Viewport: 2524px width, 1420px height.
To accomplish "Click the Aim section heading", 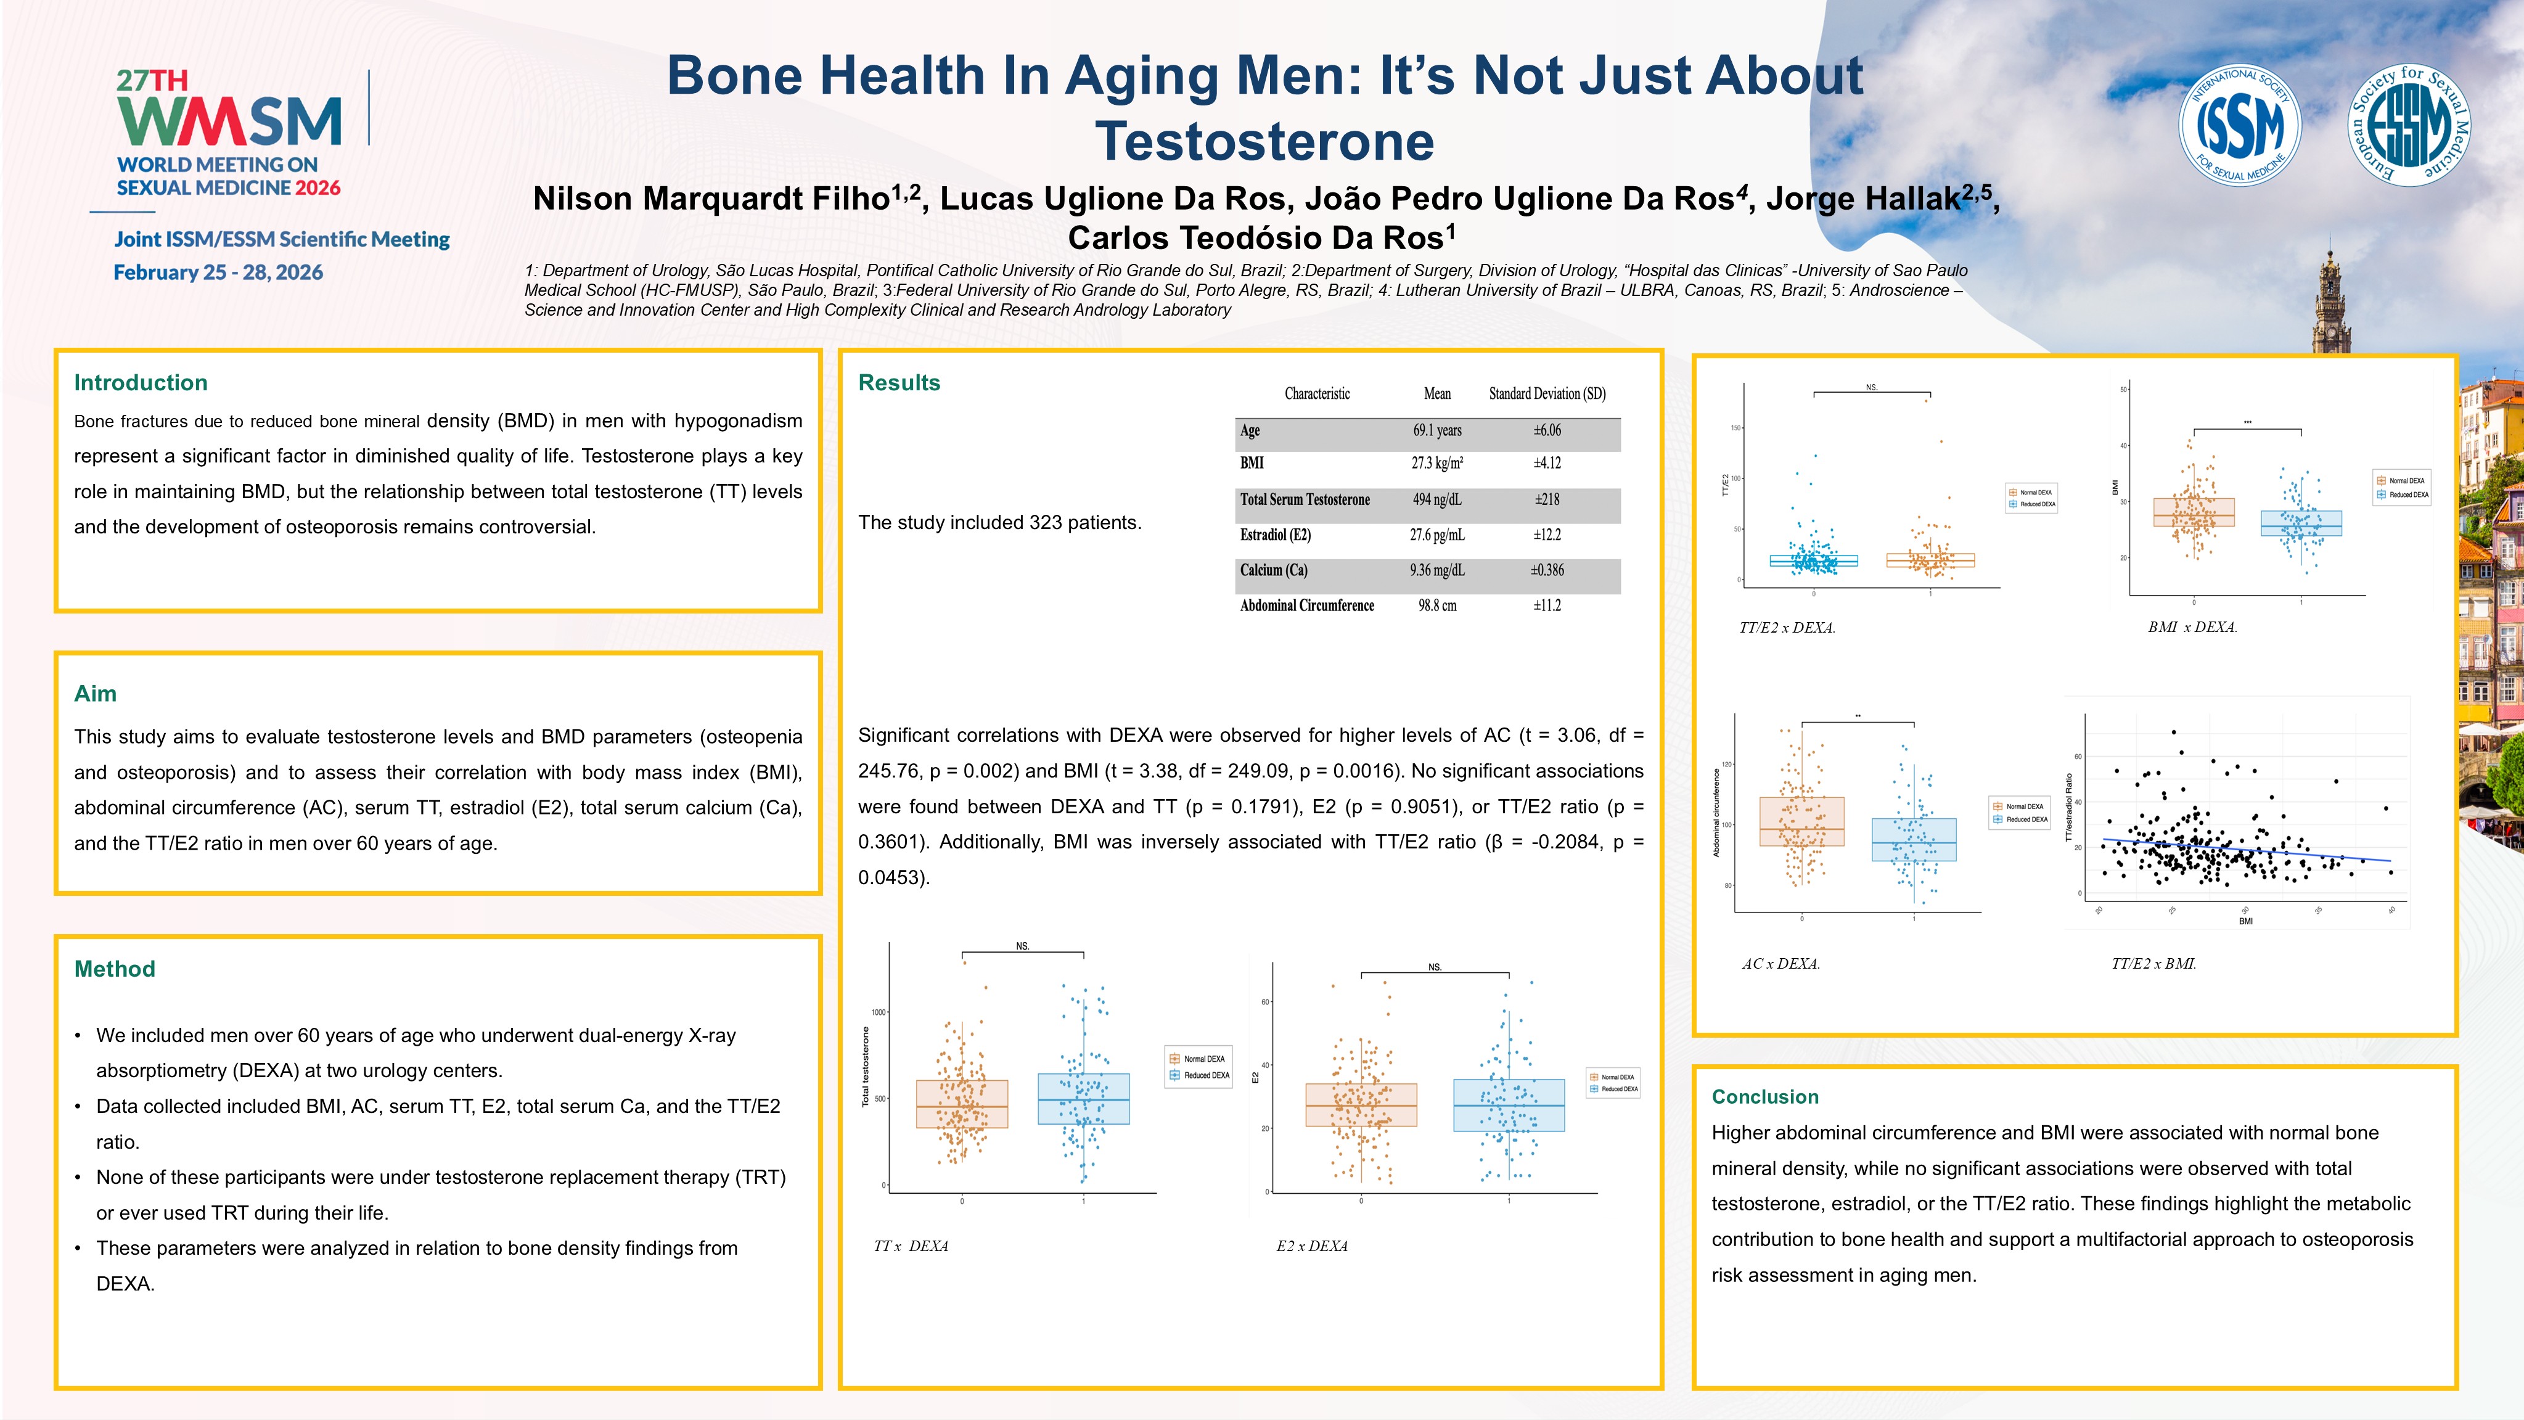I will tap(95, 694).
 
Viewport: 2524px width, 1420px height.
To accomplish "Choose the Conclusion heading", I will tap(1764, 1097).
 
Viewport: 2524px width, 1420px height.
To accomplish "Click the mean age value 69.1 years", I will tap(1436, 430).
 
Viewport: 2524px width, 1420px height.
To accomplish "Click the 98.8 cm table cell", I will tap(1436, 605).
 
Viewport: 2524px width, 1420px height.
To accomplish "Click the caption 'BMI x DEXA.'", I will tap(2192, 627).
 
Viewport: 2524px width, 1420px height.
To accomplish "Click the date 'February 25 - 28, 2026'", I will tap(218, 273).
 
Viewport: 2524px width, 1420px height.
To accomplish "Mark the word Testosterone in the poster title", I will tap(1264, 141).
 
